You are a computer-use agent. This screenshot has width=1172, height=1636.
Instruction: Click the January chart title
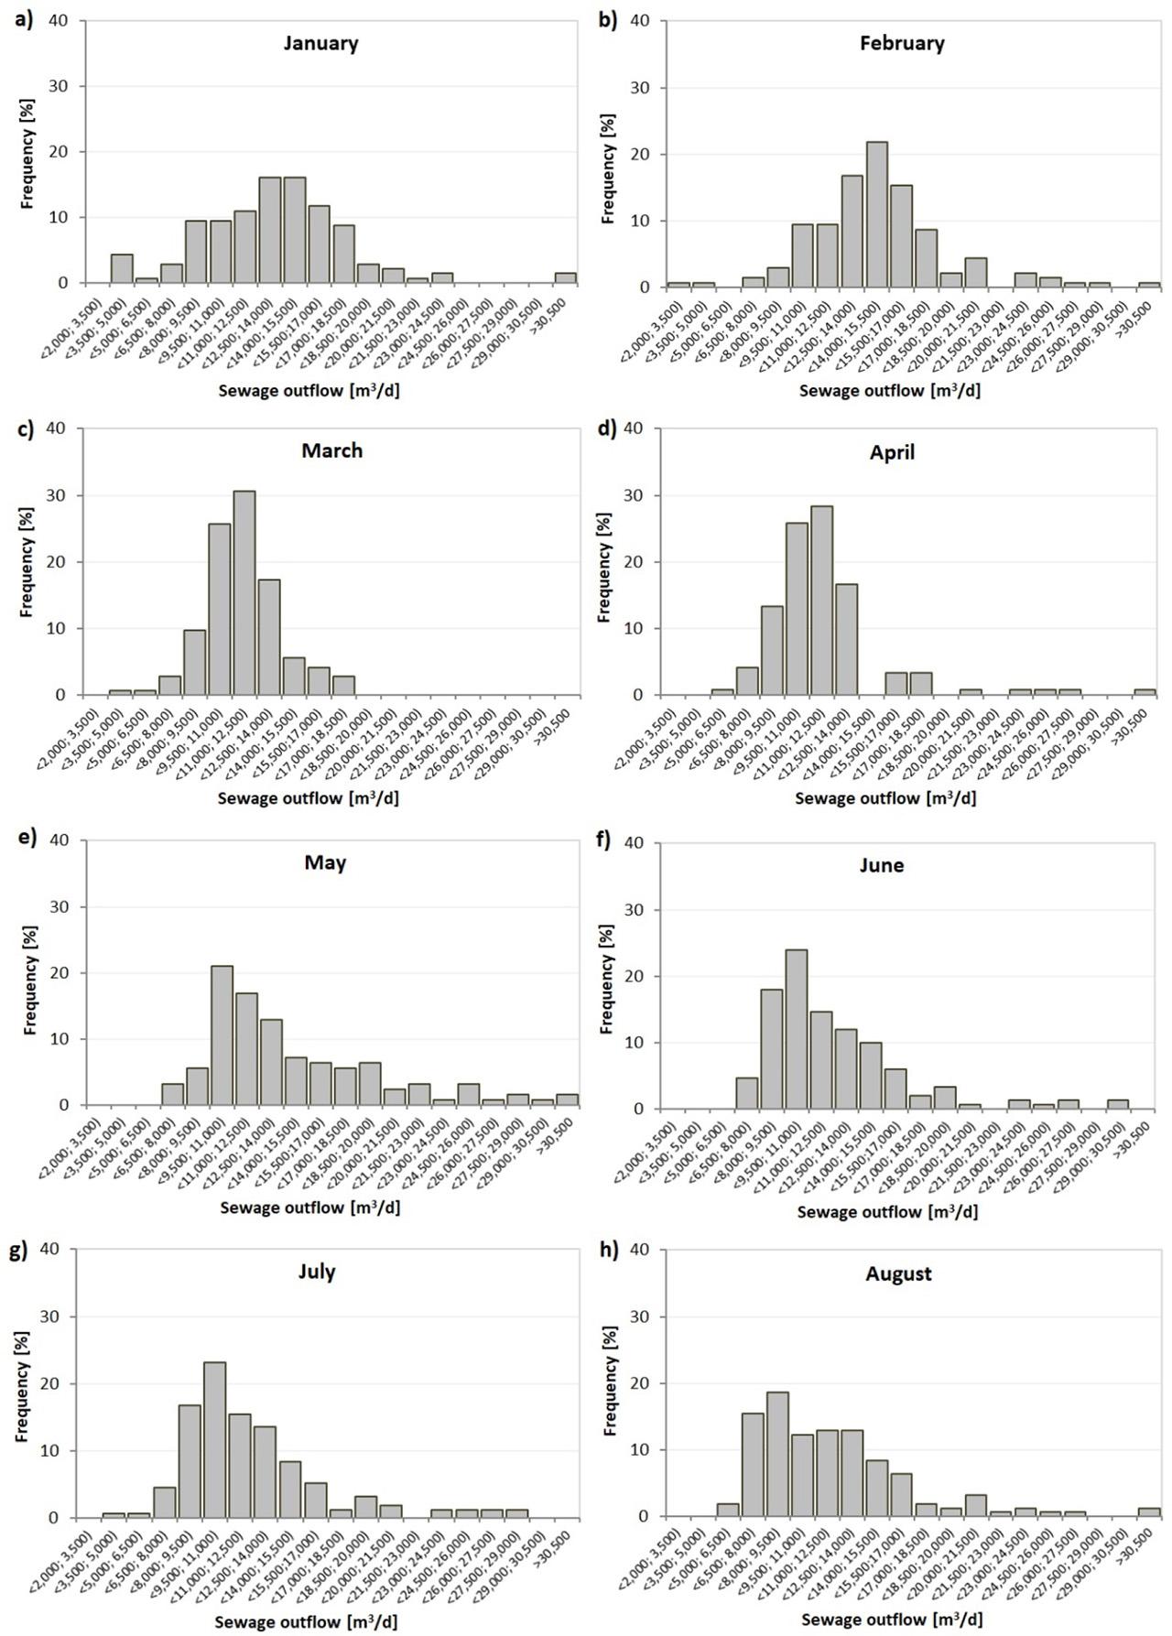tap(320, 43)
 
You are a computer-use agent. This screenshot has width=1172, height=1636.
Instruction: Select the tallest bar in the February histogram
tap(876, 214)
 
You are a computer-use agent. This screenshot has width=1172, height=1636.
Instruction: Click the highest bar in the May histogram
tap(222, 1035)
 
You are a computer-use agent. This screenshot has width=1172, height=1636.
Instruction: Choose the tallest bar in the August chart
tap(777, 1454)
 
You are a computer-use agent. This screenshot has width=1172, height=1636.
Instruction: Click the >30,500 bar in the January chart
tap(565, 278)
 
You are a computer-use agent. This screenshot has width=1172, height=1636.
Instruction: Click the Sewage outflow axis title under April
tap(885, 798)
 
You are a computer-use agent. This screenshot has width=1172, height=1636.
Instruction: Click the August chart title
tap(898, 1273)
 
